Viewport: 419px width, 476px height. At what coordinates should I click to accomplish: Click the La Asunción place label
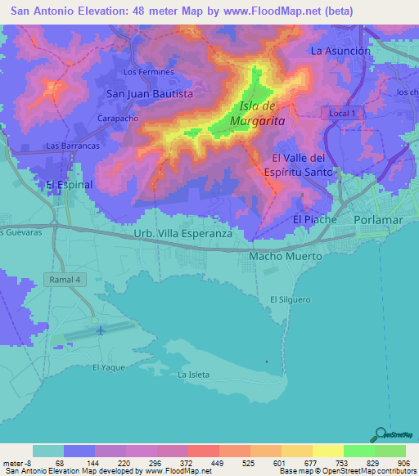pyautogui.click(x=340, y=51)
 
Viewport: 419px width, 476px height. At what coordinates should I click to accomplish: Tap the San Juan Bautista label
pyautogui.click(x=150, y=94)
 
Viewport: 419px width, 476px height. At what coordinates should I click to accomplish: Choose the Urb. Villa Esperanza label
pyautogui.click(x=183, y=233)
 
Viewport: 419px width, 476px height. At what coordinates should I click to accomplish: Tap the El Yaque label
pyautogui.click(x=108, y=367)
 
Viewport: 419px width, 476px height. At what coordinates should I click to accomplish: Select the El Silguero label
pyautogui.click(x=291, y=300)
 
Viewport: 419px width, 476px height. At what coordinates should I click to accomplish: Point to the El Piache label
pyautogui.click(x=315, y=220)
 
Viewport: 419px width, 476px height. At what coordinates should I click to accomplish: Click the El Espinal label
pyautogui.click(x=70, y=185)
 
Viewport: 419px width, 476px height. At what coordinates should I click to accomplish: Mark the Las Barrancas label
pyautogui.click(x=73, y=146)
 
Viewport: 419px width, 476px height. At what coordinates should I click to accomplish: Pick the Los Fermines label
pyautogui.click(x=148, y=72)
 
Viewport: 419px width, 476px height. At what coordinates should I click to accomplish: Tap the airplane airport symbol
pyautogui.click(x=101, y=330)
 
